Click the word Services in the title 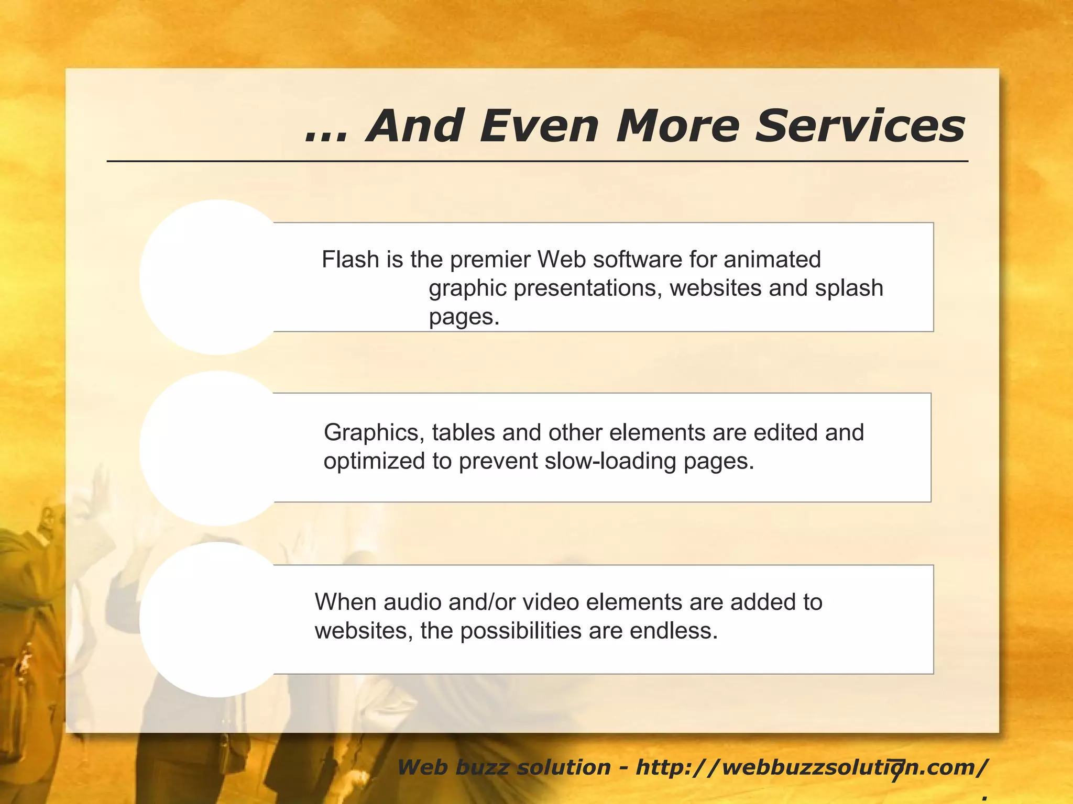[860, 126]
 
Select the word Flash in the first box [350, 260]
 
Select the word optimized [374, 462]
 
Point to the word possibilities [521, 631]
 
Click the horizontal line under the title [537, 161]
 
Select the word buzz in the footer [481, 768]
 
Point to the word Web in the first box [562, 260]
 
